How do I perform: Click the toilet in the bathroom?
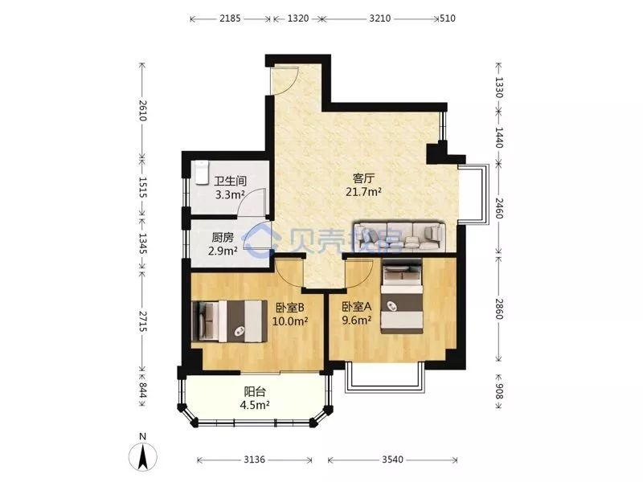pyautogui.click(x=202, y=173)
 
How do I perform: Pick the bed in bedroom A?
pyautogui.click(x=402, y=298)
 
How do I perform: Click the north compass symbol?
pyautogui.click(x=142, y=453)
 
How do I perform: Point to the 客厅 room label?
pyautogui.click(x=364, y=178)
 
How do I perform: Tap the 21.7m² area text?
pyautogui.click(x=364, y=191)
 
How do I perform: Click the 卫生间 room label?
pyautogui.click(x=231, y=181)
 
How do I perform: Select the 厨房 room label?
pyautogui.click(x=223, y=238)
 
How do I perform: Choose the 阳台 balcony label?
pyautogui.click(x=255, y=392)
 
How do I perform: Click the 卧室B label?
pyautogui.click(x=289, y=307)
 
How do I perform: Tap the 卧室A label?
pyautogui.click(x=357, y=307)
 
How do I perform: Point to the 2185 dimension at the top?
pyautogui.click(x=230, y=18)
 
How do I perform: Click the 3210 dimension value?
pyautogui.click(x=379, y=18)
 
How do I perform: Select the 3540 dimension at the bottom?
pyautogui.click(x=392, y=460)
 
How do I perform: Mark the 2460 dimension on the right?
pyautogui.click(x=499, y=208)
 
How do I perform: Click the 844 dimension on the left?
pyautogui.click(x=143, y=390)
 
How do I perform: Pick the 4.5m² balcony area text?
pyautogui.click(x=255, y=406)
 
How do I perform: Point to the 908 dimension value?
pyautogui.click(x=499, y=390)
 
